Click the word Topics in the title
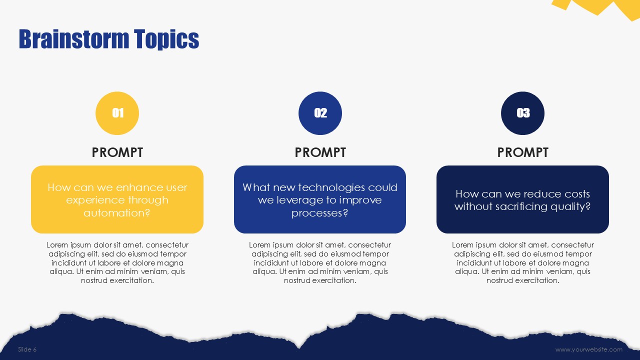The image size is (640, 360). click(166, 39)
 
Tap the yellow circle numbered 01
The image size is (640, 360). click(117, 113)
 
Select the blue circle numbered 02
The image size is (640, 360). click(320, 113)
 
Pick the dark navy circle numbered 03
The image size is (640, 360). click(522, 113)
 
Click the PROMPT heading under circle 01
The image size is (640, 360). click(117, 152)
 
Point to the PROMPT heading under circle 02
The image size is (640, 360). click(320, 152)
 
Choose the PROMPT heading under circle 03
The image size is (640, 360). click(522, 152)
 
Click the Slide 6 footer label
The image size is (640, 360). click(27, 349)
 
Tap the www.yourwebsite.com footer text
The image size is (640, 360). click(589, 349)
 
